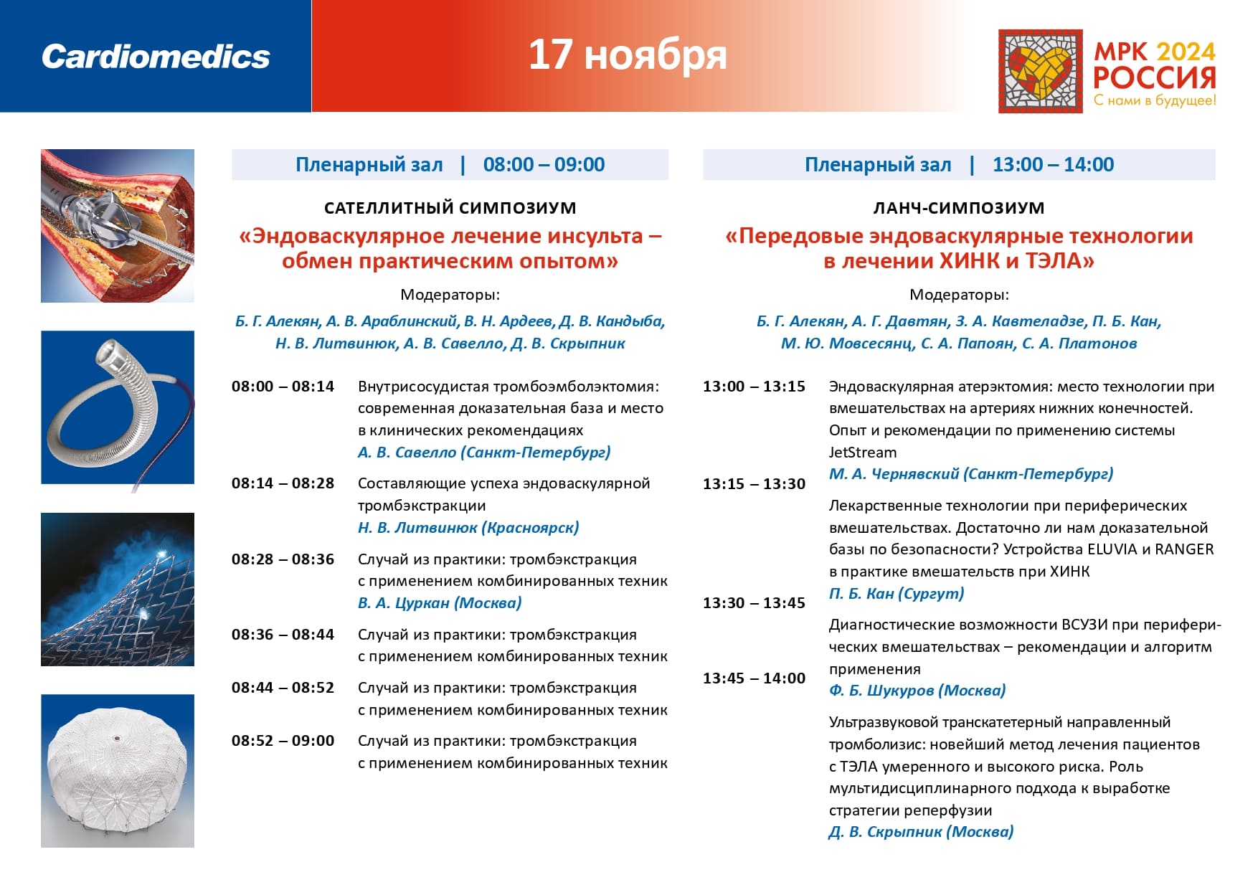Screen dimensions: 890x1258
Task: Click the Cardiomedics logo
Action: click(x=156, y=57)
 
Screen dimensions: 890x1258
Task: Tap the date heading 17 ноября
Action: click(x=628, y=55)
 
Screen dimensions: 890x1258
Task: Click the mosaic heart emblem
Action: click(x=1040, y=71)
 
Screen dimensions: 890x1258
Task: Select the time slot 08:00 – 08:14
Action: click(x=283, y=387)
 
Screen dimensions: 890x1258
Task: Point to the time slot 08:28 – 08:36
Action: click(x=283, y=559)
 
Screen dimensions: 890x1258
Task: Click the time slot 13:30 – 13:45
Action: click(x=754, y=603)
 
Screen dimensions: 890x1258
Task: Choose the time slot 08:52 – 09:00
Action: click(x=283, y=741)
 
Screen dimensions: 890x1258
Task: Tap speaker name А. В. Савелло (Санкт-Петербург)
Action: click(x=484, y=453)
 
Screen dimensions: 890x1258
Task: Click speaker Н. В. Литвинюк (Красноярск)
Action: click(x=468, y=528)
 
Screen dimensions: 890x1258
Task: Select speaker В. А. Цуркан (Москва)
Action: click(x=440, y=603)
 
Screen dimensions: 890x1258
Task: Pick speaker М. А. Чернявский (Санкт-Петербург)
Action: click(x=971, y=474)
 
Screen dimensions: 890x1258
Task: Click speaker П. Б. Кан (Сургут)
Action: click(x=897, y=594)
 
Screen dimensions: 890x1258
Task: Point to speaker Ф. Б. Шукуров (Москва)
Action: click(x=917, y=691)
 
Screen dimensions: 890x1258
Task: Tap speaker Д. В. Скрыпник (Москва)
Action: click(x=921, y=832)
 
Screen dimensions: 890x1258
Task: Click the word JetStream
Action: click(x=863, y=453)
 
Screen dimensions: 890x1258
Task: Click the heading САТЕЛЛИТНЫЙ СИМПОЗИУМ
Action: click(x=450, y=208)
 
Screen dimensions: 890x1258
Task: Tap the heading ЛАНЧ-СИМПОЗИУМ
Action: click(x=958, y=208)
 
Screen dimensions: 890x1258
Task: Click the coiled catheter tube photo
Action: click(x=118, y=407)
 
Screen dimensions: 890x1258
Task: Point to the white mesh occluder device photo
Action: click(x=118, y=771)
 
